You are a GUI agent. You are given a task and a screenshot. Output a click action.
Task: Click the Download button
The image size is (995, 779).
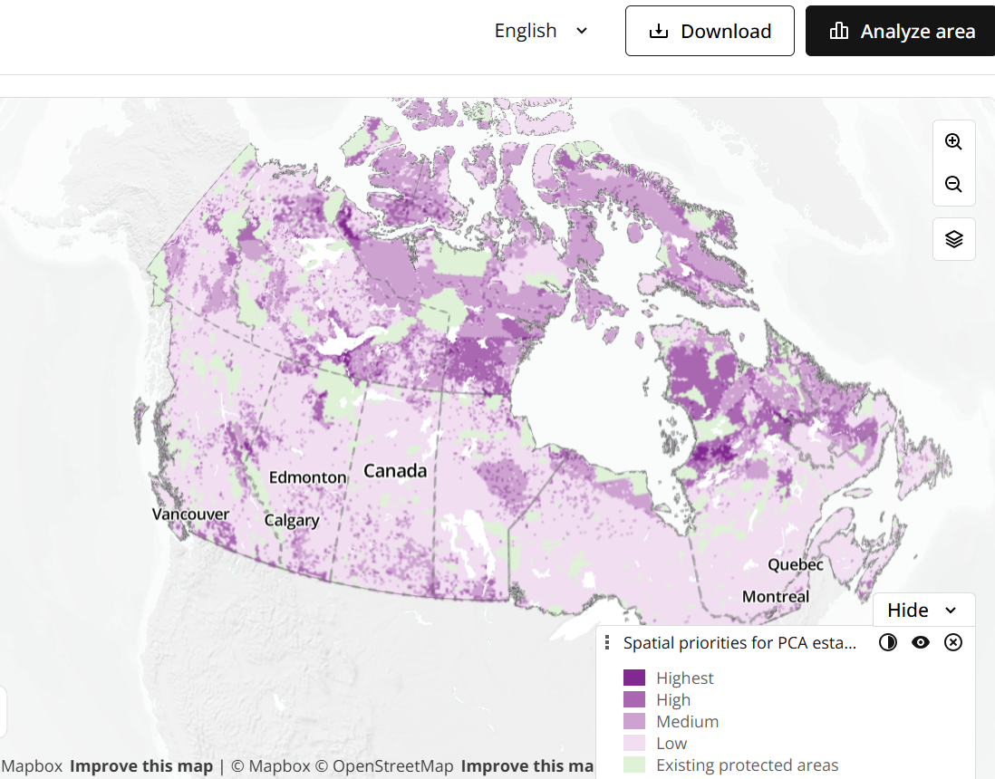point(710,31)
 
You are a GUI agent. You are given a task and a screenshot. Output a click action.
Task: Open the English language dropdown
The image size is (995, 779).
point(541,31)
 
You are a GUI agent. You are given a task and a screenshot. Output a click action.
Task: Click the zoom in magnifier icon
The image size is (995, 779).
point(953,141)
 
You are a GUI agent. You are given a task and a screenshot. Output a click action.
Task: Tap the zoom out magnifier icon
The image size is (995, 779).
point(953,185)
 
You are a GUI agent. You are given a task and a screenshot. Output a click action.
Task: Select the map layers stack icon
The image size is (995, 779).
point(953,239)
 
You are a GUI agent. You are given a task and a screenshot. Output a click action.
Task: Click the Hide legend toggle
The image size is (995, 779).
point(923,610)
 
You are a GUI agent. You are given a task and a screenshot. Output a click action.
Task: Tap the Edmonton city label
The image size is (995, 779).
point(308,477)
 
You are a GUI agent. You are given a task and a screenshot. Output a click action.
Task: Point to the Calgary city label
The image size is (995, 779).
point(292,521)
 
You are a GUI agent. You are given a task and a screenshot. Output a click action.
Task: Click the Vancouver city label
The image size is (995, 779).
point(190,514)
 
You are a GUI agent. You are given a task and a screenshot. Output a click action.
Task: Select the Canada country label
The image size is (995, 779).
point(395,471)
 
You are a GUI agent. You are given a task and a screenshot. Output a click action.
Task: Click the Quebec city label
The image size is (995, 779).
point(796,564)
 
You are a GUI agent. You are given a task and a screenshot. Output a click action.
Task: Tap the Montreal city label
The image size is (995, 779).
point(776,597)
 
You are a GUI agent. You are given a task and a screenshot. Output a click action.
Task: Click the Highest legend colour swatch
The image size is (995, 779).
point(634,678)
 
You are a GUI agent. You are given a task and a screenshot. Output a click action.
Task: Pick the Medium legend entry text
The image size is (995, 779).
point(687,722)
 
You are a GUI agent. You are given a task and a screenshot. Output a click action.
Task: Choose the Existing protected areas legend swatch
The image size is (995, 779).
point(634,765)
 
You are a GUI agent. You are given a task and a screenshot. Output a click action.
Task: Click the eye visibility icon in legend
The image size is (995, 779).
point(921,642)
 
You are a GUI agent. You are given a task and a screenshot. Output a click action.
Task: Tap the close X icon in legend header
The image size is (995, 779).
point(953,642)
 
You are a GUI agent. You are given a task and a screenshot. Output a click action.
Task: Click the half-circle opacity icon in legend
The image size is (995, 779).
point(888,642)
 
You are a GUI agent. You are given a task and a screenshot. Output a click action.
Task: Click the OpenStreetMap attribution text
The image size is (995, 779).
point(392,766)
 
